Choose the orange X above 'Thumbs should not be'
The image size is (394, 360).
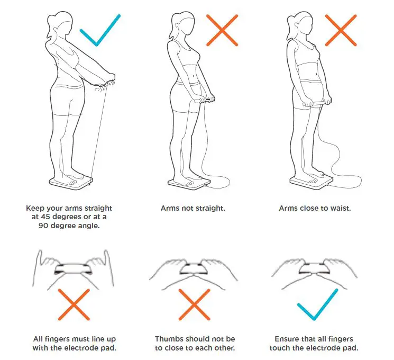point(195,305)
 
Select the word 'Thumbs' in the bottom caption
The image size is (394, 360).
point(169,339)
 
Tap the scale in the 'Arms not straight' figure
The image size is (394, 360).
point(188,183)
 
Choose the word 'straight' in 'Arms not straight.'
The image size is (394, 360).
point(209,208)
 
